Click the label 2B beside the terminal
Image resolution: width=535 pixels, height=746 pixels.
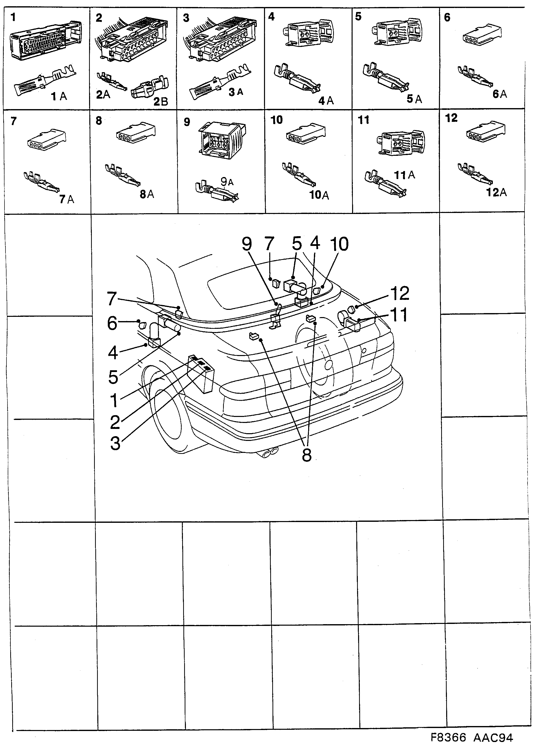pyautogui.click(x=161, y=101)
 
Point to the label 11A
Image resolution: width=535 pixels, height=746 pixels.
pyautogui.click(x=404, y=175)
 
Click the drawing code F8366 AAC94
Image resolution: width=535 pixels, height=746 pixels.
pyautogui.click(x=472, y=737)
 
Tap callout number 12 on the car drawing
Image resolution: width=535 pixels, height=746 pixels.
pyautogui.click(x=400, y=293)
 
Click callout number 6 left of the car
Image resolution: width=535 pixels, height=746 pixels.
pyautogui.click(x=112, y=323)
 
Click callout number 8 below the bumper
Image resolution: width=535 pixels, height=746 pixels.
pyautogui.click(x=306, y=455)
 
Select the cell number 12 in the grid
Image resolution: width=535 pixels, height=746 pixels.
pyautogui.click(x=451, y=118)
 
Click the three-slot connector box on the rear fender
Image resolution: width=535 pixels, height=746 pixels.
pyautogui.click(x=201, y=373)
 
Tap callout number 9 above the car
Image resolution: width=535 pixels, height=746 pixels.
pyautogui.click(x=247, y=244)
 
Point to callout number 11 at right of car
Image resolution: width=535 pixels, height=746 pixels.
pyautogui.click(x=399, y=315)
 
